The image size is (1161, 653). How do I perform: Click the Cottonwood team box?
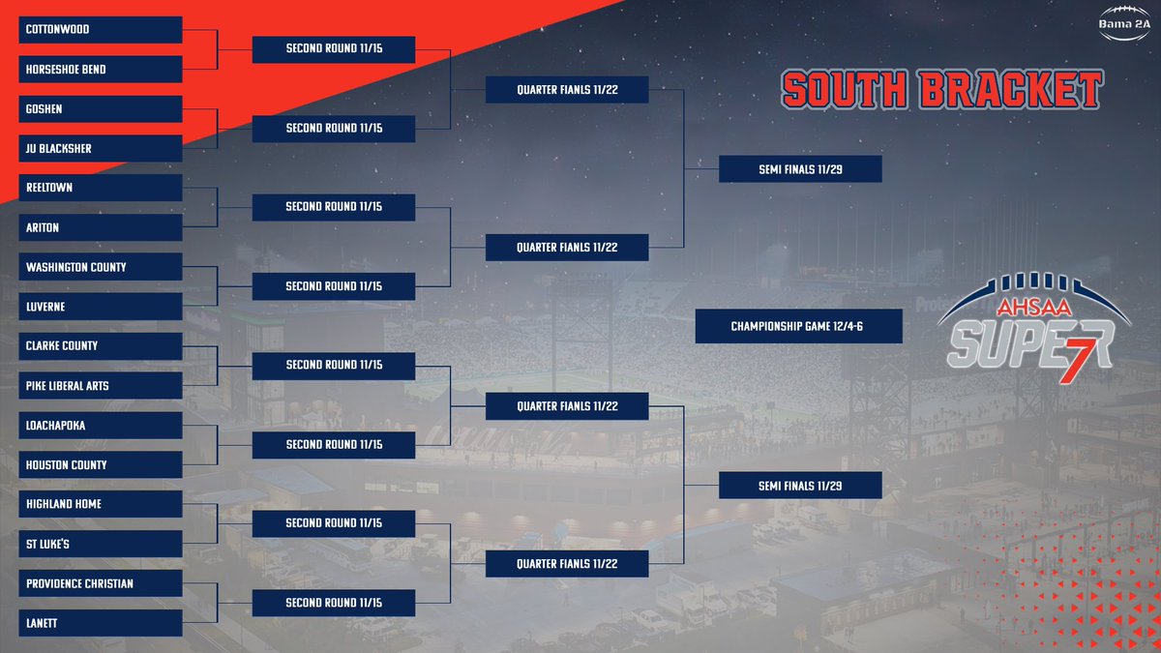pos(101,30)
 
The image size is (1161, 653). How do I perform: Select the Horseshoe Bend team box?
pos(101,70)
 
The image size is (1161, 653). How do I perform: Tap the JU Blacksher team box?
pos(101,149)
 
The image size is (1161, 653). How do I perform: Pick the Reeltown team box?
pos(101,188)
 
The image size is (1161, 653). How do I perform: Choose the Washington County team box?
pos(101,267)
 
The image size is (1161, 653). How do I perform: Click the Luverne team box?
pos(101,307)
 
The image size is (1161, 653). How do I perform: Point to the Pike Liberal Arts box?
pos(101,386)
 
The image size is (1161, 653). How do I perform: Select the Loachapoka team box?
pos(101,426)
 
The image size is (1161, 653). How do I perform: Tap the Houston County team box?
pos(101,464)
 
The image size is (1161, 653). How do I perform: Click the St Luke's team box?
pos(101,544)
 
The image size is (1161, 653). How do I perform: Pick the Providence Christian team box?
pos(101,583)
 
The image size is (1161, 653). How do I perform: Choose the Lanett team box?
pos(101,623)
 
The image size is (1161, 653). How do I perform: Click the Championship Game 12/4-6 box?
pos(798,327)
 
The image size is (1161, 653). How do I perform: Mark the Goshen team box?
pos(101,109)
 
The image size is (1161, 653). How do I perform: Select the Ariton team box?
pos(101,227)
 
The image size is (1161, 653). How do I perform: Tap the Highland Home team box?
pos(101,504)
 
